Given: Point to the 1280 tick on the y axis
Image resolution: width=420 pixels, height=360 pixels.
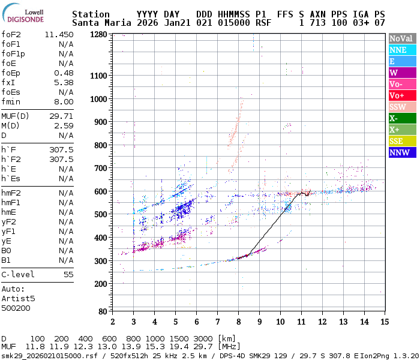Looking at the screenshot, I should point(99,35).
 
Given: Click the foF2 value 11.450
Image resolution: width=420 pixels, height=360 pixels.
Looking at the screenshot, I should point(59,35).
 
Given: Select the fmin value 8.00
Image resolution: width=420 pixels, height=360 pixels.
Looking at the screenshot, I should point(64,102).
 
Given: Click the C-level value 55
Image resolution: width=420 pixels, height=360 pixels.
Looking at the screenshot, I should point(68,274).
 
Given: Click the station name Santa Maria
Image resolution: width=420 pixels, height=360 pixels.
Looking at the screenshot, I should point(100,23).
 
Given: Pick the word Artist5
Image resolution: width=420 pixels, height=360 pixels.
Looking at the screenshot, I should point(18,298).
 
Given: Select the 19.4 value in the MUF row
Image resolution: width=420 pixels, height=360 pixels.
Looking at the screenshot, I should point(183,347).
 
